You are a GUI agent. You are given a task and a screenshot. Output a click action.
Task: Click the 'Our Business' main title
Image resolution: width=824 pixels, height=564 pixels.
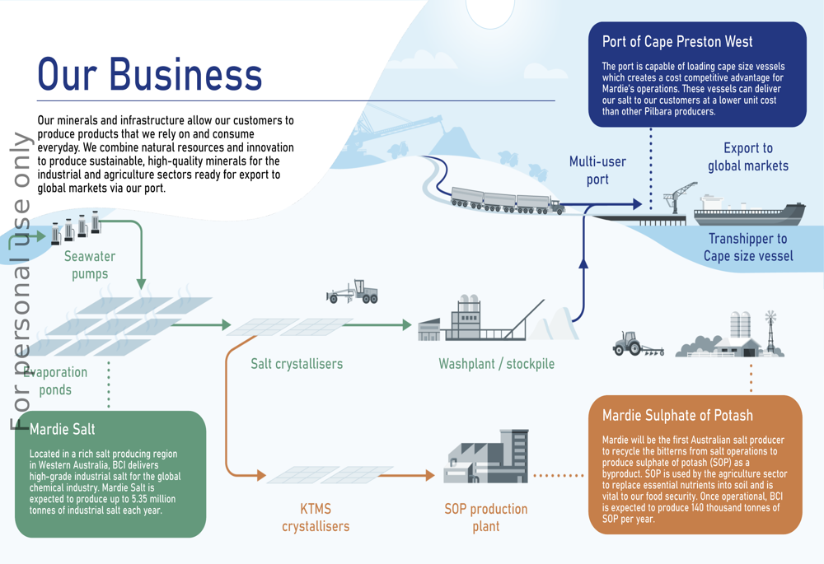coord(150,74)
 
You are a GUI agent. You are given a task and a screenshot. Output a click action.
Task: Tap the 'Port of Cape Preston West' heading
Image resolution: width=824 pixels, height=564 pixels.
coord(677,42)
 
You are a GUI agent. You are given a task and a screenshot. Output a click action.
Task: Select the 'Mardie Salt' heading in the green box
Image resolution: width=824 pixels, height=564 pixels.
coord(62,429)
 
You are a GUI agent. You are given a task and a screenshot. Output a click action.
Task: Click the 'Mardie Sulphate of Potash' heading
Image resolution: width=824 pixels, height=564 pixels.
coord(677,416)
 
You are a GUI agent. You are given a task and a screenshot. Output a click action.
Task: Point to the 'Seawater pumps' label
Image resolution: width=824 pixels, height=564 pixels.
coord(90,265)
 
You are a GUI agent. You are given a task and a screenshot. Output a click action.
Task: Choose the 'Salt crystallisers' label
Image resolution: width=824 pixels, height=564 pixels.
coord(297,363)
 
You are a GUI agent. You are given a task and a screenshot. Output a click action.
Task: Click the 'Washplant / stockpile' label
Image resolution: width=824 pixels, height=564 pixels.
coord(497,364)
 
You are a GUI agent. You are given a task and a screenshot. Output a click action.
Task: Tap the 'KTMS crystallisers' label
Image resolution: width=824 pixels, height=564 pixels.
coord(316,517)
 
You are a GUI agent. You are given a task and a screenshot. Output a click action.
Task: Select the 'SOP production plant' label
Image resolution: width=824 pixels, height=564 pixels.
coord(486,517)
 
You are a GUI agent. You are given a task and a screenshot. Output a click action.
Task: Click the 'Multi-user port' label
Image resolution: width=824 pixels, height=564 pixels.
coord(597,170)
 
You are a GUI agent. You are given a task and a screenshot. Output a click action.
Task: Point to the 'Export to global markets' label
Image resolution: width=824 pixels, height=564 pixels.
coord(748,156)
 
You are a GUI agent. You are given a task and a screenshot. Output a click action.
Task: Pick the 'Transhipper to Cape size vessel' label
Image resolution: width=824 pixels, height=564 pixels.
coord(748,247)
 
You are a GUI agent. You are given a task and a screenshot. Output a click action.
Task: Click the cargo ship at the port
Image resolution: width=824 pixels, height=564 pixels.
coord(749,211)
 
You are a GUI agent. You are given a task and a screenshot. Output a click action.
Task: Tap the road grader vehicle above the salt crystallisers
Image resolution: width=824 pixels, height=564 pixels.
coord(352,291)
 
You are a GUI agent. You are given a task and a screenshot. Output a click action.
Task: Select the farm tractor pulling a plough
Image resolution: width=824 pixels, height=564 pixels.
coord(638,343)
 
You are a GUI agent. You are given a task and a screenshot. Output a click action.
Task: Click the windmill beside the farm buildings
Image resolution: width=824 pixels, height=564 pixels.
coord(770,331)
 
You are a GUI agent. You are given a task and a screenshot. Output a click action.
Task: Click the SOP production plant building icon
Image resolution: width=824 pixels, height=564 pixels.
coord(486,456)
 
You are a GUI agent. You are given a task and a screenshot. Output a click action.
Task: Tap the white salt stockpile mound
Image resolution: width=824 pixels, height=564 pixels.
coord(554,324)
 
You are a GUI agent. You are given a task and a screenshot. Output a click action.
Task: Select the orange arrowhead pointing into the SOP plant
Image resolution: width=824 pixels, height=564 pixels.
coord(430,476)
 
